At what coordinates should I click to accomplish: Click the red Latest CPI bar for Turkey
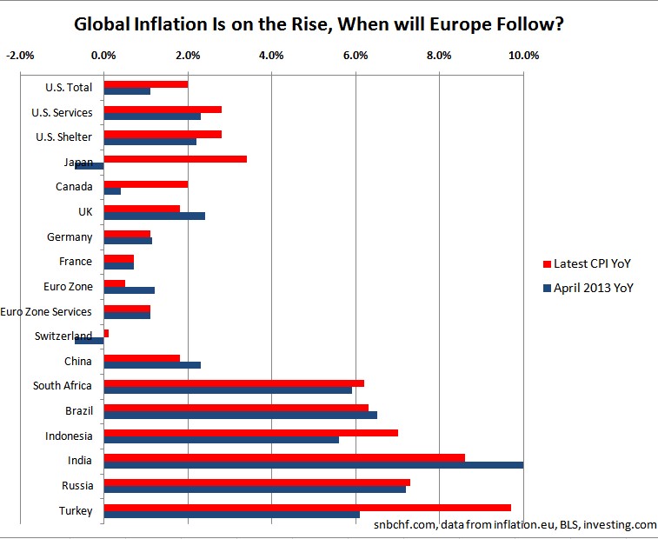click(307, 507)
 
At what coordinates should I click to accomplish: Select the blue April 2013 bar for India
click(313, 464)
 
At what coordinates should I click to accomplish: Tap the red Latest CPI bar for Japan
click(175, 159)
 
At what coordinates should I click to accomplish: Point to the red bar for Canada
click(145, 183)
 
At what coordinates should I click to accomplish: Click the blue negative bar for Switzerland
click(89, 340)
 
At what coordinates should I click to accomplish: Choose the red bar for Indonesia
click(250, 432)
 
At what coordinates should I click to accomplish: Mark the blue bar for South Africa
click(228, 389)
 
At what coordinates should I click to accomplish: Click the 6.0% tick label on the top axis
click(356, 56)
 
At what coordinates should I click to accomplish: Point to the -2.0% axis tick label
click(19, 56)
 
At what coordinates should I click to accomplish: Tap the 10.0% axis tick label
click(523, 56)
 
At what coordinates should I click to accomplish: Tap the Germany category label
click(70, 236)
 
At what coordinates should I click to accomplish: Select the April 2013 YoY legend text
click(594, 289)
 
